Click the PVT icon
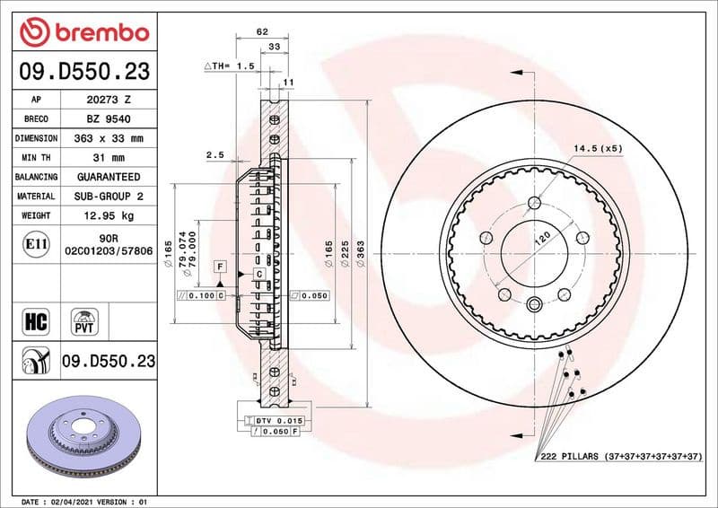coord(86,320)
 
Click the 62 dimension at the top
coord(262,31)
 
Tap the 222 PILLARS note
coord(620,458)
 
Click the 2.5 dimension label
coord(215,155)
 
